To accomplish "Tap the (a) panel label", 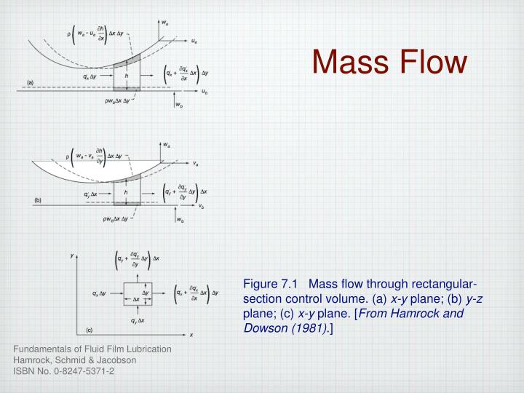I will (x=31, y=83).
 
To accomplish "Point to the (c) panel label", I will (x=90, y=329).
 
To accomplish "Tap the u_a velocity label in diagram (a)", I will (x=195, y=41).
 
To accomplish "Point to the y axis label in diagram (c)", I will (x=72, y=256).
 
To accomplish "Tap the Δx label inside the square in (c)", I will (x=136, y=300).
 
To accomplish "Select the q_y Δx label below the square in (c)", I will (x=137, y=319).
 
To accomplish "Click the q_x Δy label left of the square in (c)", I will (x=101, y=293).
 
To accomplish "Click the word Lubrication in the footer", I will (x=146, y=349).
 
